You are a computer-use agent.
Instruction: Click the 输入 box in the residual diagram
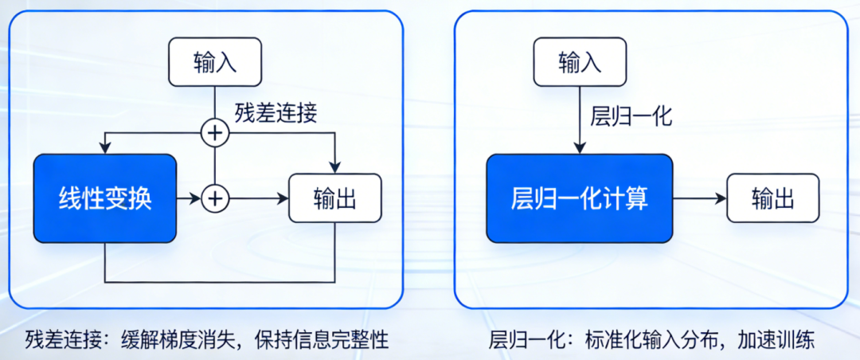215,62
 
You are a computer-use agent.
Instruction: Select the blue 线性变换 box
104,198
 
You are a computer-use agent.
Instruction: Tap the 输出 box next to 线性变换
334,198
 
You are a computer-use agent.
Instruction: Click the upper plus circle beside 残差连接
214,134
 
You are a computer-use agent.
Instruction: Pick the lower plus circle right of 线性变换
214,198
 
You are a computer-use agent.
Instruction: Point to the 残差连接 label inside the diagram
276,112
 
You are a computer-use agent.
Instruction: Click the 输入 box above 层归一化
580,62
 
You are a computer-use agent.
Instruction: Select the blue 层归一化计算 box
579,198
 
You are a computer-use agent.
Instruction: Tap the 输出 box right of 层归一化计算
772,198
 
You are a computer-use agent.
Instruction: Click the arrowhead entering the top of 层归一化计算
580,147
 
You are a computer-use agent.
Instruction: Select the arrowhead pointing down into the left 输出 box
335,166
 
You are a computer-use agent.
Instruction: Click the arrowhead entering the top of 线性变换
104,148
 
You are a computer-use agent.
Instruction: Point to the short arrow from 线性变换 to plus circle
188,198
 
